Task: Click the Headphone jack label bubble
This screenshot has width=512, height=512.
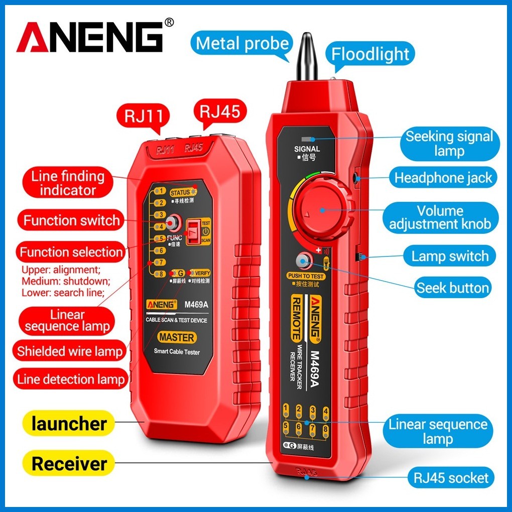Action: tap(443, 178)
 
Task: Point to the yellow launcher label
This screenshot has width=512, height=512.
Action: tap(69, 423)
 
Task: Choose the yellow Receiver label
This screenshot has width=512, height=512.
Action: tap(69, 463)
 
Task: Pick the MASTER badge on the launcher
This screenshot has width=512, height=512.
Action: tap(177, 337)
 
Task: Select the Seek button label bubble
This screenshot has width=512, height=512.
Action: tap(452, 288)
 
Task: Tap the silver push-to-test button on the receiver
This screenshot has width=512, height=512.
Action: tap(303, 261)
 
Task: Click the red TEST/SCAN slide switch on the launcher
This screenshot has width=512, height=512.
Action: tap(194, 233)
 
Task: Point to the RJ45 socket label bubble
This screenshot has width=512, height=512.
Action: tap(451, 477)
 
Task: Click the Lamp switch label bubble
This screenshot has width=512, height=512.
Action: tap(450, 256)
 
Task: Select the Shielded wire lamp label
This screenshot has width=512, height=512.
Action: tap(69, 351)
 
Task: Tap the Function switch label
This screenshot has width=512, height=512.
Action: tap(71, 220)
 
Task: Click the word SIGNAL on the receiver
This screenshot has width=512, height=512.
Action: tap(307, 149)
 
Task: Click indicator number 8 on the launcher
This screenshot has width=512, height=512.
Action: tap(160, 274)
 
